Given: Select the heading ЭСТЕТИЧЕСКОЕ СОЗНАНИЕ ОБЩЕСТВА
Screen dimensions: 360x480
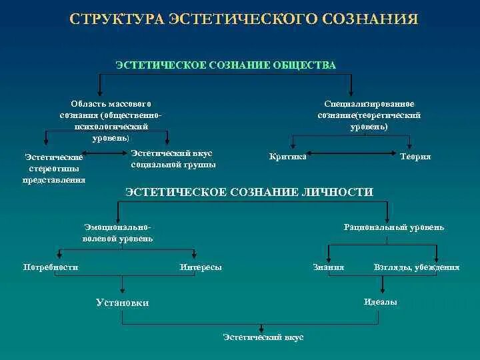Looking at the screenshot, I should click(226, 65).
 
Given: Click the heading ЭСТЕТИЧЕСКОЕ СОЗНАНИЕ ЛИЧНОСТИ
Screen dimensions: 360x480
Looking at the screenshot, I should click(249, 192).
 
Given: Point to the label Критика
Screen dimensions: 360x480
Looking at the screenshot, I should click(288, 157).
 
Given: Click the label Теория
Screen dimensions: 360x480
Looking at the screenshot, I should click(415, 157).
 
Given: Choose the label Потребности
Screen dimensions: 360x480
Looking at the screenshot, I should click(51, 267).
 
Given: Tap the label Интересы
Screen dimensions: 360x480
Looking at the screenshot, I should click(201, 267).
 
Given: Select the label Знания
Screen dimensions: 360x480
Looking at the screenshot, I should click(329, 267).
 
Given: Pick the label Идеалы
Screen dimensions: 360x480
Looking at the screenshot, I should click(381, 302).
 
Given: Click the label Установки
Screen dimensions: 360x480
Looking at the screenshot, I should click(123, 303).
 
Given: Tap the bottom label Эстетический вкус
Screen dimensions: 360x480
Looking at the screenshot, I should click(263, 337).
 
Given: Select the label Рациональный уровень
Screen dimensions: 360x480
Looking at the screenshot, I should click(394, 227).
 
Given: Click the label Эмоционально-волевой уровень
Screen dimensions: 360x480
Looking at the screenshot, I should click(118, 233).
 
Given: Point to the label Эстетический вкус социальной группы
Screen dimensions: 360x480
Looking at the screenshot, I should click(173, 159).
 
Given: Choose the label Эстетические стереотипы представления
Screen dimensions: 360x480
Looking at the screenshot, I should click(54, 168).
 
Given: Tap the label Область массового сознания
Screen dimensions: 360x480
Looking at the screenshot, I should click(111, 120).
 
